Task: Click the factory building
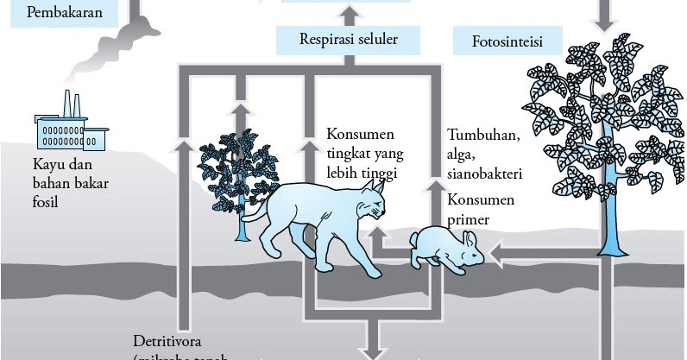pyautogui.click(x=69, y=129)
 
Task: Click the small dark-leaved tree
pyautogui.click(x=236, y=164)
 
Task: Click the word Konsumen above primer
pyautogui.click(x=480, y=200)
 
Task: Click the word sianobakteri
pyautogui.click(x=486, y=173)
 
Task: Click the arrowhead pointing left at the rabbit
pyautogui.click(x=494, y=253)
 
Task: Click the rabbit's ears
pyautogui.click(x=471, y=237)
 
